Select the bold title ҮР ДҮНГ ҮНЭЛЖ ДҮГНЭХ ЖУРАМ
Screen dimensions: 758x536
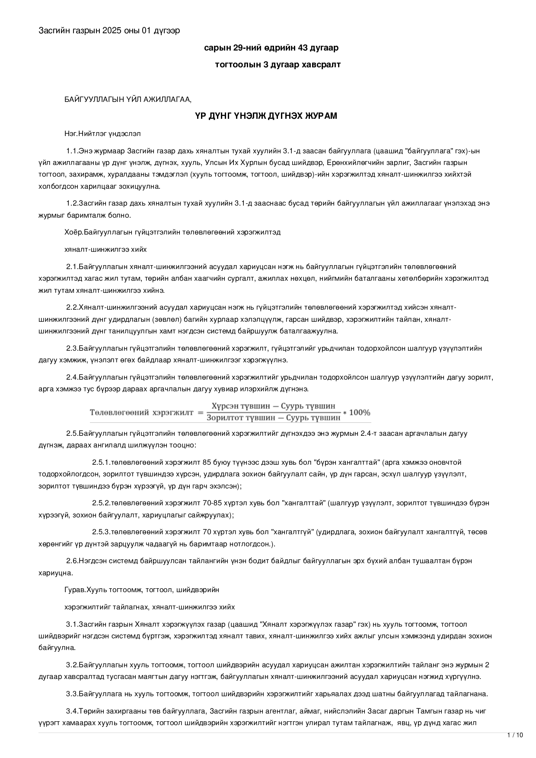pos(266,116)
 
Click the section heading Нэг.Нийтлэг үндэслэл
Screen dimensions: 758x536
pos(102,134)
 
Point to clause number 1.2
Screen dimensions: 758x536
pos(71,203)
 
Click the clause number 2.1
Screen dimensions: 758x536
pos(71,266)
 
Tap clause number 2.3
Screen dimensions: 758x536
pos(71,348)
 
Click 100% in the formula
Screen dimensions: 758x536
pos(359,412)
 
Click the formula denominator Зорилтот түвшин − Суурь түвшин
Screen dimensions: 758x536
pos(273,418)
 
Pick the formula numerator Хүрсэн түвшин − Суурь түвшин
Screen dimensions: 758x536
pos(273,406)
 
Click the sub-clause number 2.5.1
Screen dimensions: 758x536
pos(101,462)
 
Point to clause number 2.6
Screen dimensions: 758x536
pos(71,561)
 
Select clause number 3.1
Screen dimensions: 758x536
pos(71,624)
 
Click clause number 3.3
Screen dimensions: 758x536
pos(71,694)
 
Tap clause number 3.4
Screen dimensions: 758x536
pos(71,711)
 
